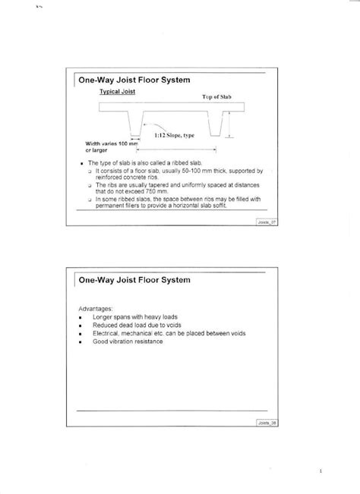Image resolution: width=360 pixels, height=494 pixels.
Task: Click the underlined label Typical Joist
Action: (116, 91)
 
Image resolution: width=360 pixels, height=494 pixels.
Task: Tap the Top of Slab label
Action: (216, 98)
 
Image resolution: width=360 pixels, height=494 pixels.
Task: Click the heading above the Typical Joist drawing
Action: (137, 79)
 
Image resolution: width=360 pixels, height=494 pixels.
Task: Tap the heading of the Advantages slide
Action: (137, 282)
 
